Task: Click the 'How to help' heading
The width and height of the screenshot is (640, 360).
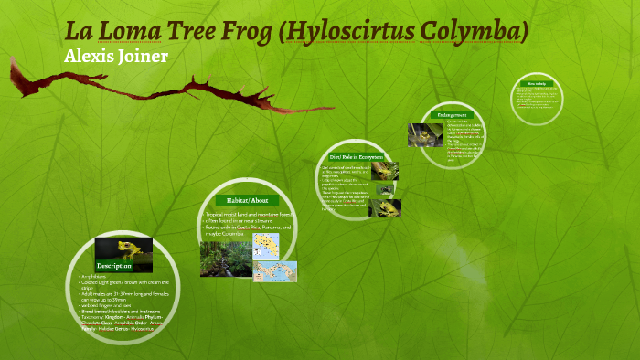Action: [x=536, y=84]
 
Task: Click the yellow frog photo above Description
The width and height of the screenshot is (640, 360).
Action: [x=123, y=249]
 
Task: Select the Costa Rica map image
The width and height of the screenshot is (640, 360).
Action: [x=266, y=245]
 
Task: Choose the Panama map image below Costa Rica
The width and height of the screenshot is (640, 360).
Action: [x=274, y=271]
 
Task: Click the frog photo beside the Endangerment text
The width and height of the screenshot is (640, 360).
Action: [x=425, y=135]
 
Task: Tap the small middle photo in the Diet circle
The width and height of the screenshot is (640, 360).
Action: [x=387, y=190]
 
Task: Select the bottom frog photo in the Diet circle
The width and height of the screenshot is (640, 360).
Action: [x=385, y=208]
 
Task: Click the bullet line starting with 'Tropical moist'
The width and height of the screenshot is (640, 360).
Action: [x=248, y=214]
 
